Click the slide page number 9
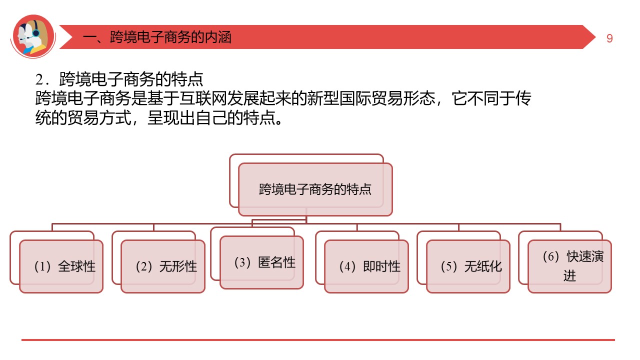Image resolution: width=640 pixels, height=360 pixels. click(609, 38)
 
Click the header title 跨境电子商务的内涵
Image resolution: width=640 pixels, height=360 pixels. click(170, 37)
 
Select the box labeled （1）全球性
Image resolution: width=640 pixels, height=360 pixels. click(61, 266)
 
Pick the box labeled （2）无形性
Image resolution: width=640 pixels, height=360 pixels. click(163, 266)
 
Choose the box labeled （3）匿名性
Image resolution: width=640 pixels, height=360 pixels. click(261, 262)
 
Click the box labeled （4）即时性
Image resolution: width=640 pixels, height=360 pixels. click(366, 266)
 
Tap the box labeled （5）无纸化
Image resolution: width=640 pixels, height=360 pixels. click(468, 266)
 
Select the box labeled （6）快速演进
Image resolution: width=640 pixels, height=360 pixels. click(569, 266)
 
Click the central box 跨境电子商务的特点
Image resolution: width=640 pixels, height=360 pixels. click(315, 189)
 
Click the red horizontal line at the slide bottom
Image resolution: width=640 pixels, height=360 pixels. click(318, 340)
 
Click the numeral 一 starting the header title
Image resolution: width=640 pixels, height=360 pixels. click(88, 37)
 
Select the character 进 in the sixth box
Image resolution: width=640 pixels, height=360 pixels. click(569, 276)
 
